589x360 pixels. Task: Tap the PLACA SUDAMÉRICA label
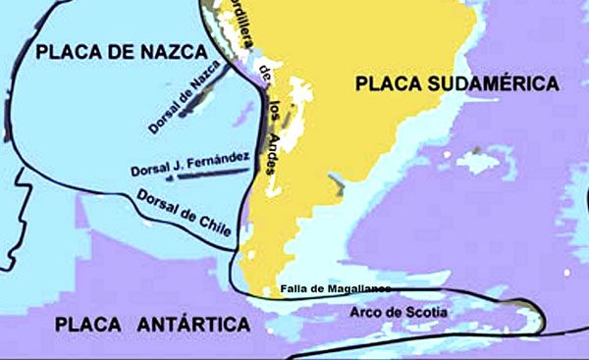(456, 84)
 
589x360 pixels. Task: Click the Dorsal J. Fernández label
(189, 164)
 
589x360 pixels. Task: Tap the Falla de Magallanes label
(334, 288)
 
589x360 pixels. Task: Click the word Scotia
(427, 313)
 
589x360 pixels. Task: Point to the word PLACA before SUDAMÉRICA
(387, 84)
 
